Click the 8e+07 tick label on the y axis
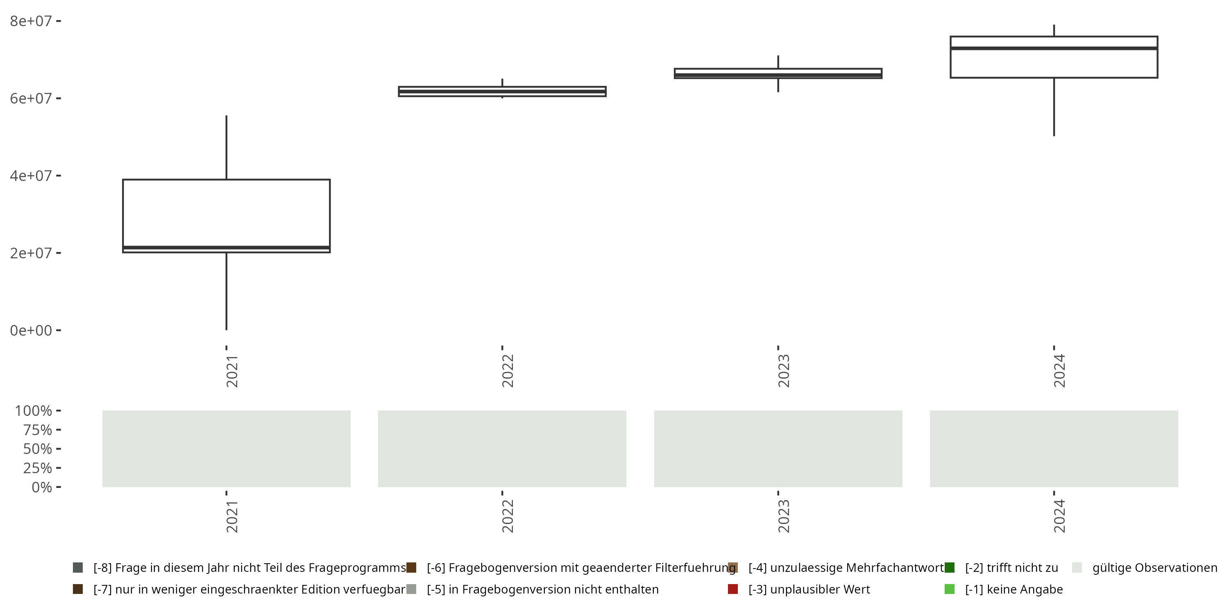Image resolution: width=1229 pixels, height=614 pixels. [x=31, y=21]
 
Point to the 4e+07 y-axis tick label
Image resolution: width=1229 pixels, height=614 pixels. [x=31, y=176]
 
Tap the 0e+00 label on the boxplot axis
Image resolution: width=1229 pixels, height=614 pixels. [x=31, y=330]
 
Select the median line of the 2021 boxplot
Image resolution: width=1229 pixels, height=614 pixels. [x=226, y=247]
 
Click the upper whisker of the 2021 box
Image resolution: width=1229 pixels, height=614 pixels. [x=226, y=148]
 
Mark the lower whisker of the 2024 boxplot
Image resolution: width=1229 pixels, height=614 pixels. [x=1054, y=107]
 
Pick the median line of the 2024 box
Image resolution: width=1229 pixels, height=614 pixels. [x=1054, y=48]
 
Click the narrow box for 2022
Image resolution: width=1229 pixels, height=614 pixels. [x=502, y=92]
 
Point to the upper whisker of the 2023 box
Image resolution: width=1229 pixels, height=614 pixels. [x=778, y=62]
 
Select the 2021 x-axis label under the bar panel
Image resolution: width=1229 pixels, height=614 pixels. [x=232, y=516]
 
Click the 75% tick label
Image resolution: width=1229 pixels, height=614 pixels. [x=37, y=430]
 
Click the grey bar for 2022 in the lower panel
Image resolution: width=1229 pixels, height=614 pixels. [x=502, y=449]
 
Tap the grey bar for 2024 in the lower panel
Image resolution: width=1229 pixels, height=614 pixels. [x=1054, y=449]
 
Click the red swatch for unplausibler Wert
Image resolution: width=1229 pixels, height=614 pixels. [x=733, y=589]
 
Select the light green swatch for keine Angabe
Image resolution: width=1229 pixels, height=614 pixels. [x=950, y=589]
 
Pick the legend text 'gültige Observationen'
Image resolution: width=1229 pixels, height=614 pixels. [x=1154, y=568]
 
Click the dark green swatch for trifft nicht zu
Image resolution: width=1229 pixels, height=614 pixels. [x=950, y=568]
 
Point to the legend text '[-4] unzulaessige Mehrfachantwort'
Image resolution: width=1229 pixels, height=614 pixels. [x=846, y=568]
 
